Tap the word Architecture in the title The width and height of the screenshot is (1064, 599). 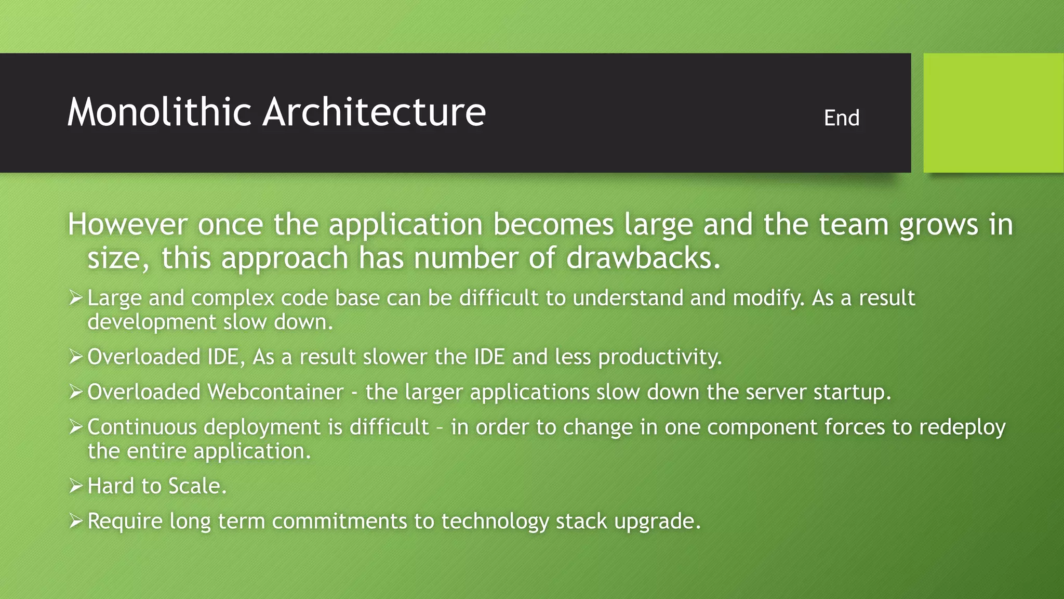coord(374,112)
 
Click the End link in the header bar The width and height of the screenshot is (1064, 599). coord(841,118)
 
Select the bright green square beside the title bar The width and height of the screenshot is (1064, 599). coord(993,113)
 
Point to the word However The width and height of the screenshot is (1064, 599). coord(128,225)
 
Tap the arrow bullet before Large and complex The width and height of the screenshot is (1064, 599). coord(76,298)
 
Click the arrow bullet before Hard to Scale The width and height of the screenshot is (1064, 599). coord(76,486)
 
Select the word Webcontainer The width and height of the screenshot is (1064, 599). coord(275,392)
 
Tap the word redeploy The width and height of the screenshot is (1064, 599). coord(962,427)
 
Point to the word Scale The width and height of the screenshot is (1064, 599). coord(194,486)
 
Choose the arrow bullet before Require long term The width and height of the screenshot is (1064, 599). coord(76,521)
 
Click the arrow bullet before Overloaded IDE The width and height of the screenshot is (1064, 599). coord(76,357)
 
